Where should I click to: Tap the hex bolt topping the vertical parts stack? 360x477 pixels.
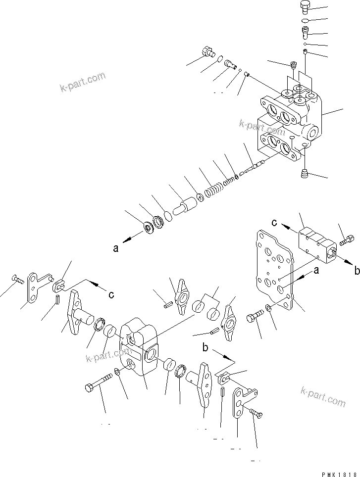pyautogui.click(x=305, y=6)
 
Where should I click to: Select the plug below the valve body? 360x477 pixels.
pyautogui.click(x=304, y=173)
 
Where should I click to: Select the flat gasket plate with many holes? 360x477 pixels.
pyautogui.click(x=274, y=272)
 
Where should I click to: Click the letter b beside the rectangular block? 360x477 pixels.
pyautogui.click(x=356, y=270)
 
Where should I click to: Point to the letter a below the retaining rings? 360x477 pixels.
pyautogui.click(x=116, y=249)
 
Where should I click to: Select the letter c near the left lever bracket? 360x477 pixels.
pyautogui.click(x=111, y=294)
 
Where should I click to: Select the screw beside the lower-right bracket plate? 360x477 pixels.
pyautogui.click(x=256, y=411)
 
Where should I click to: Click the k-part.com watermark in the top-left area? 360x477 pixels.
pyautogui.click(x=82, y=83)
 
